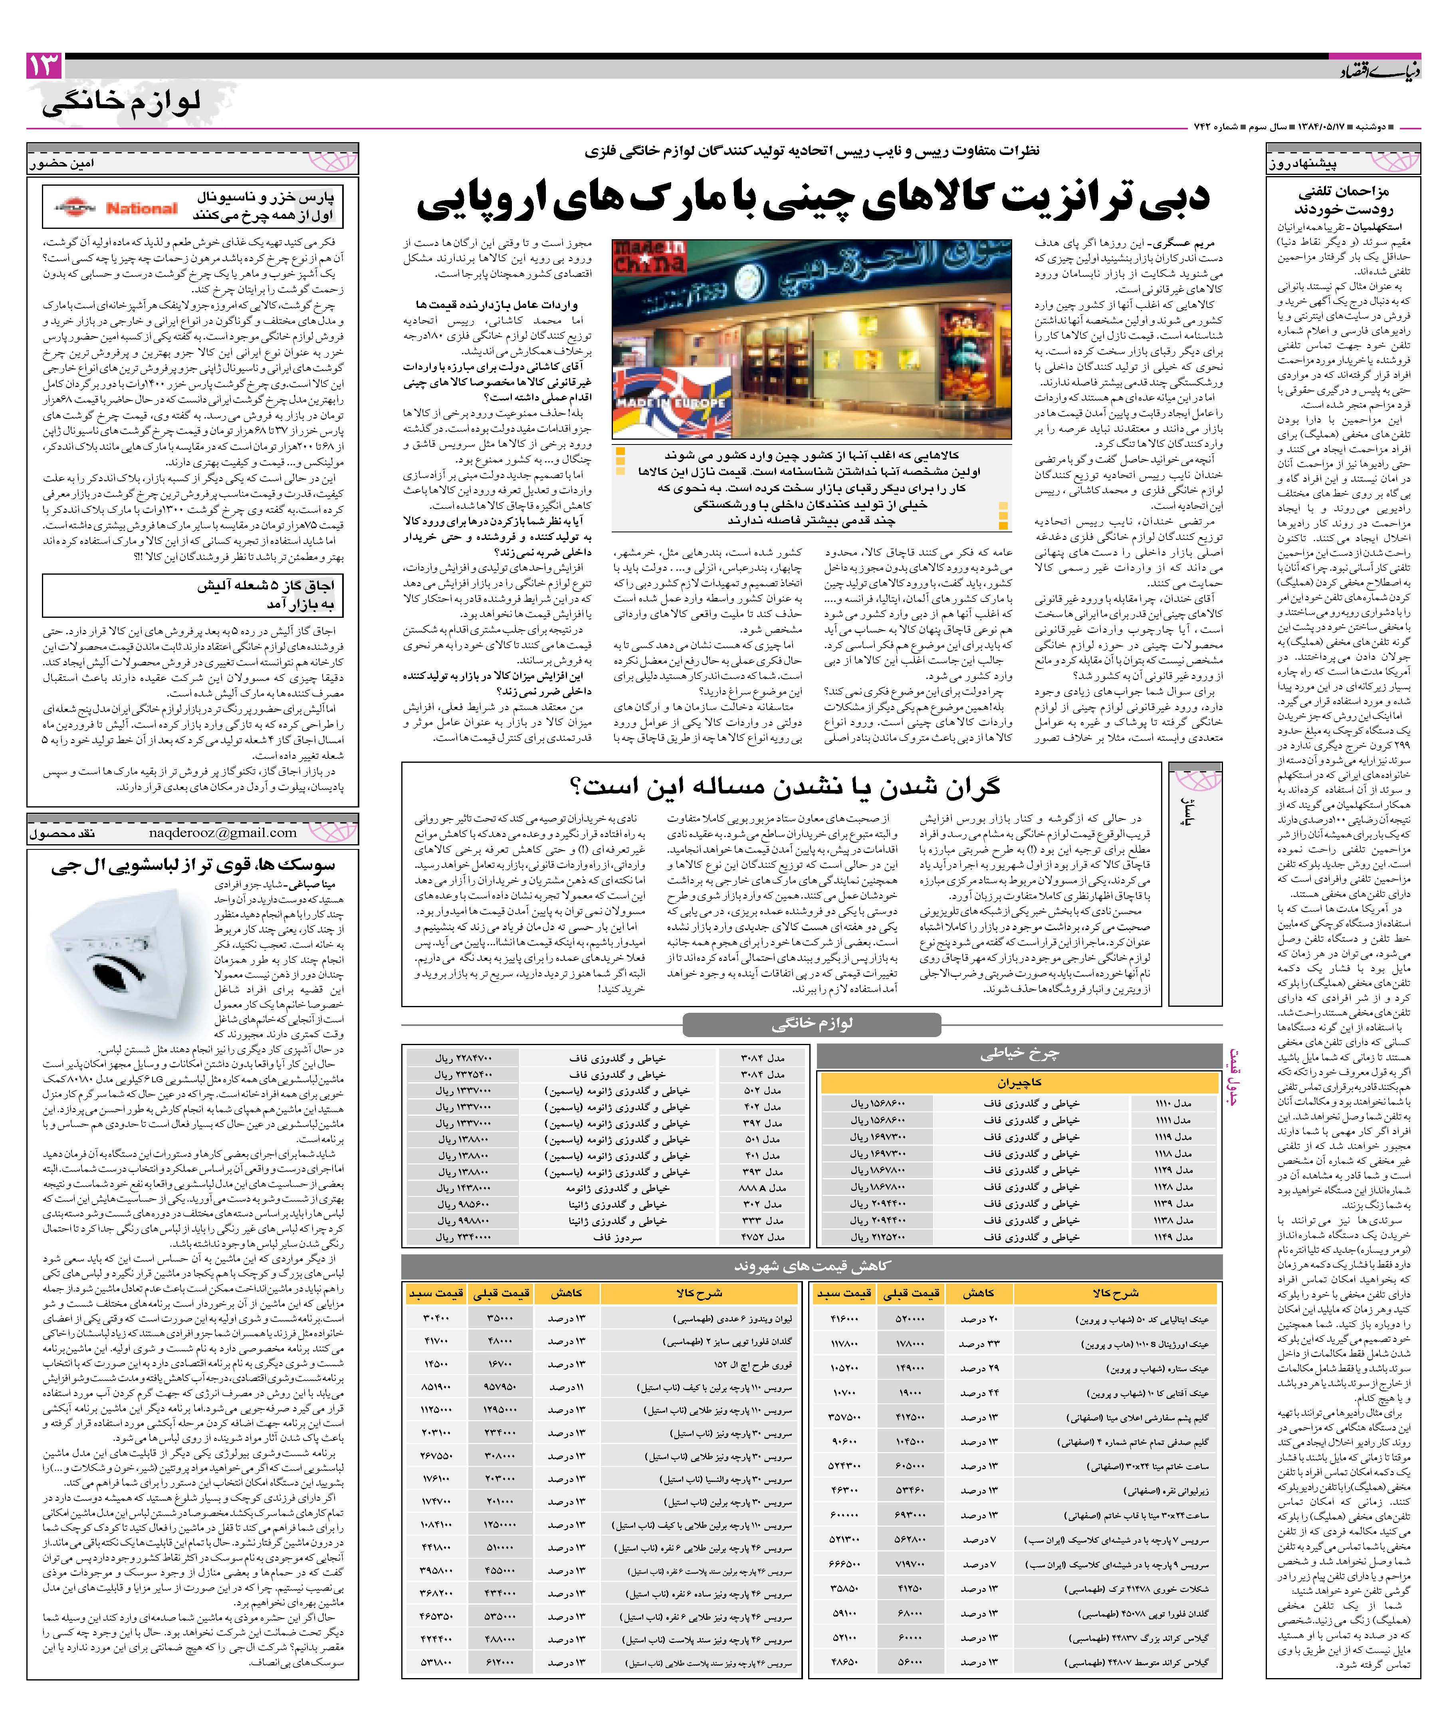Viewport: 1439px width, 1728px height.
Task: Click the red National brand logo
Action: pos(141,209)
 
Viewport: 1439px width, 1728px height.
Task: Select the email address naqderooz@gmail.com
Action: pos(222,833)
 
